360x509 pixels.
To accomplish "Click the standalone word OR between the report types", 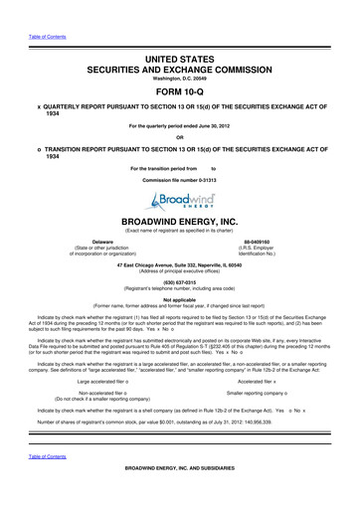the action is point(180,136).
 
